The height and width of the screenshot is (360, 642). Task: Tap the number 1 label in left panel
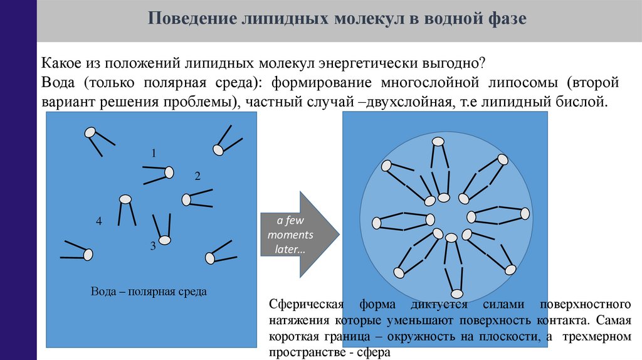153,153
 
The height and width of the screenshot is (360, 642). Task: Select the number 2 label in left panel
197,176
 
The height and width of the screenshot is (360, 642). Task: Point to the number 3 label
152,246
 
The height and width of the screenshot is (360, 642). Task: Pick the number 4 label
98,221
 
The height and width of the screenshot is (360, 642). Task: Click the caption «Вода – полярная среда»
149,292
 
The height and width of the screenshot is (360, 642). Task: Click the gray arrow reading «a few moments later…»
298,235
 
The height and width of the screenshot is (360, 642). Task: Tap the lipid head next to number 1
169,172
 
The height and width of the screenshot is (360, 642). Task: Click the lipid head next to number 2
186,199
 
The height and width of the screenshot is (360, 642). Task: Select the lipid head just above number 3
164,240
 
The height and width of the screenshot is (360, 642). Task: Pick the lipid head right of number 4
125,199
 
